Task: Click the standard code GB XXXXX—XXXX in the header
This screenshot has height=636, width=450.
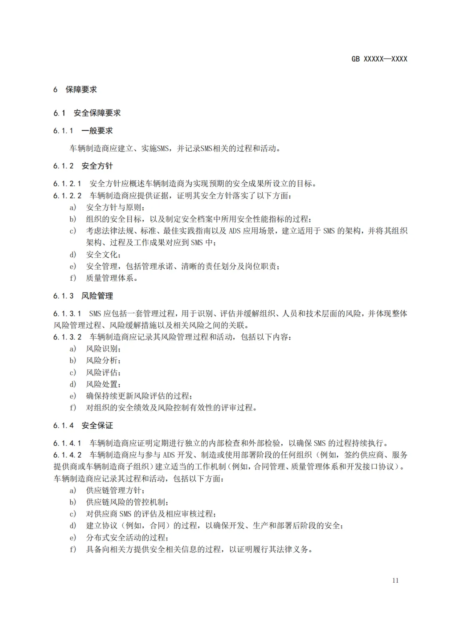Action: [379, 59]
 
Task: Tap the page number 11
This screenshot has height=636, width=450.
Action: [395, 580]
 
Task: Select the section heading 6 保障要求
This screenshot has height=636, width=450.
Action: [75, 90]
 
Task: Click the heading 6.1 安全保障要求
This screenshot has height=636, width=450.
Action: [87, 113]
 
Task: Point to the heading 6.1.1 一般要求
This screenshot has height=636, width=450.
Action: [83, 131]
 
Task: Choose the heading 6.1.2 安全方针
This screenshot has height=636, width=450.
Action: [83, 166]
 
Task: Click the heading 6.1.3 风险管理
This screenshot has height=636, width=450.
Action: [83, 296]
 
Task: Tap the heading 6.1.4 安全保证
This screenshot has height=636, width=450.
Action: [83, 425]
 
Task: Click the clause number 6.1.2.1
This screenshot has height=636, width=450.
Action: [67, 184]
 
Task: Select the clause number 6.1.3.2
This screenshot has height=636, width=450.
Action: [67, 337]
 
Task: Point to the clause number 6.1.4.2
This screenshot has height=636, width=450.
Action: [67, 455]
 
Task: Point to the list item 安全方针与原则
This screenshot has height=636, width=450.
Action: [115, 207]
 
